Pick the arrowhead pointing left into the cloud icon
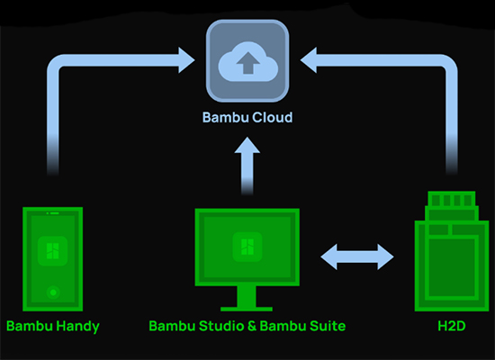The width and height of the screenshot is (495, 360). coord(309,61)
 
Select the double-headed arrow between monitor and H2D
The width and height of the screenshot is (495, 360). coord(357,256)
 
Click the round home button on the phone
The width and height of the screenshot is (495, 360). coord(52,292)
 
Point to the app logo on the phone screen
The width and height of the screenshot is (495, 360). coord(52,251)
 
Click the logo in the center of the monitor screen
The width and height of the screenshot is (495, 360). coord(247,247)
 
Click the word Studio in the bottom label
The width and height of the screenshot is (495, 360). coord(215,326)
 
